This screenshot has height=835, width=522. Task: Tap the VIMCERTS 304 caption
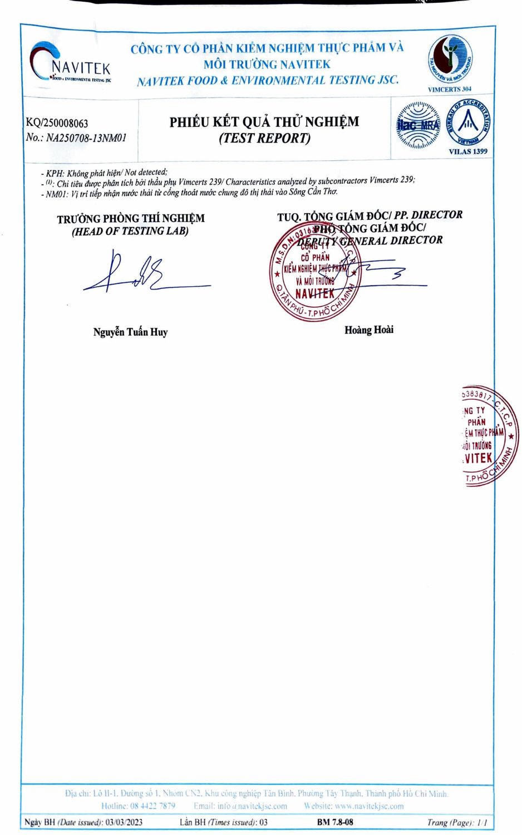tap(449, 89)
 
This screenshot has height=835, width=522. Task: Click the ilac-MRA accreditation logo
tap(417, 125)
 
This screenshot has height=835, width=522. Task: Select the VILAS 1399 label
tap(467, 151)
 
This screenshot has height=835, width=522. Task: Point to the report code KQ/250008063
tap(57, 123)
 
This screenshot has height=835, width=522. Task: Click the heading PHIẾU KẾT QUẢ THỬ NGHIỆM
tap(264, 121)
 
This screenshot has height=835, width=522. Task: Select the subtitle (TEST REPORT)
tap(264, 138)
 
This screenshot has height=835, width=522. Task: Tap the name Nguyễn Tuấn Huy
tap(130, 332)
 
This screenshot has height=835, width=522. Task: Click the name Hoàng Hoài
tap(368, 330)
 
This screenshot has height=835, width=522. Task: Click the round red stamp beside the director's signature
tap(314, 273)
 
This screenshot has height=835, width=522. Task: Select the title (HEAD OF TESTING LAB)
tap(130, 232)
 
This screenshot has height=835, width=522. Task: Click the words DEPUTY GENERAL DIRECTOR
tap(370, 241)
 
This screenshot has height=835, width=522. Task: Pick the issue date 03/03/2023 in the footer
tap(124, 822)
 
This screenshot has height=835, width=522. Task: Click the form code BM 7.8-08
tap(334, 822)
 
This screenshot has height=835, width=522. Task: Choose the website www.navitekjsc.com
tap(369, 806)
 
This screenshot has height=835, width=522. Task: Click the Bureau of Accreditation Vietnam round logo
tap(467, 123)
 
